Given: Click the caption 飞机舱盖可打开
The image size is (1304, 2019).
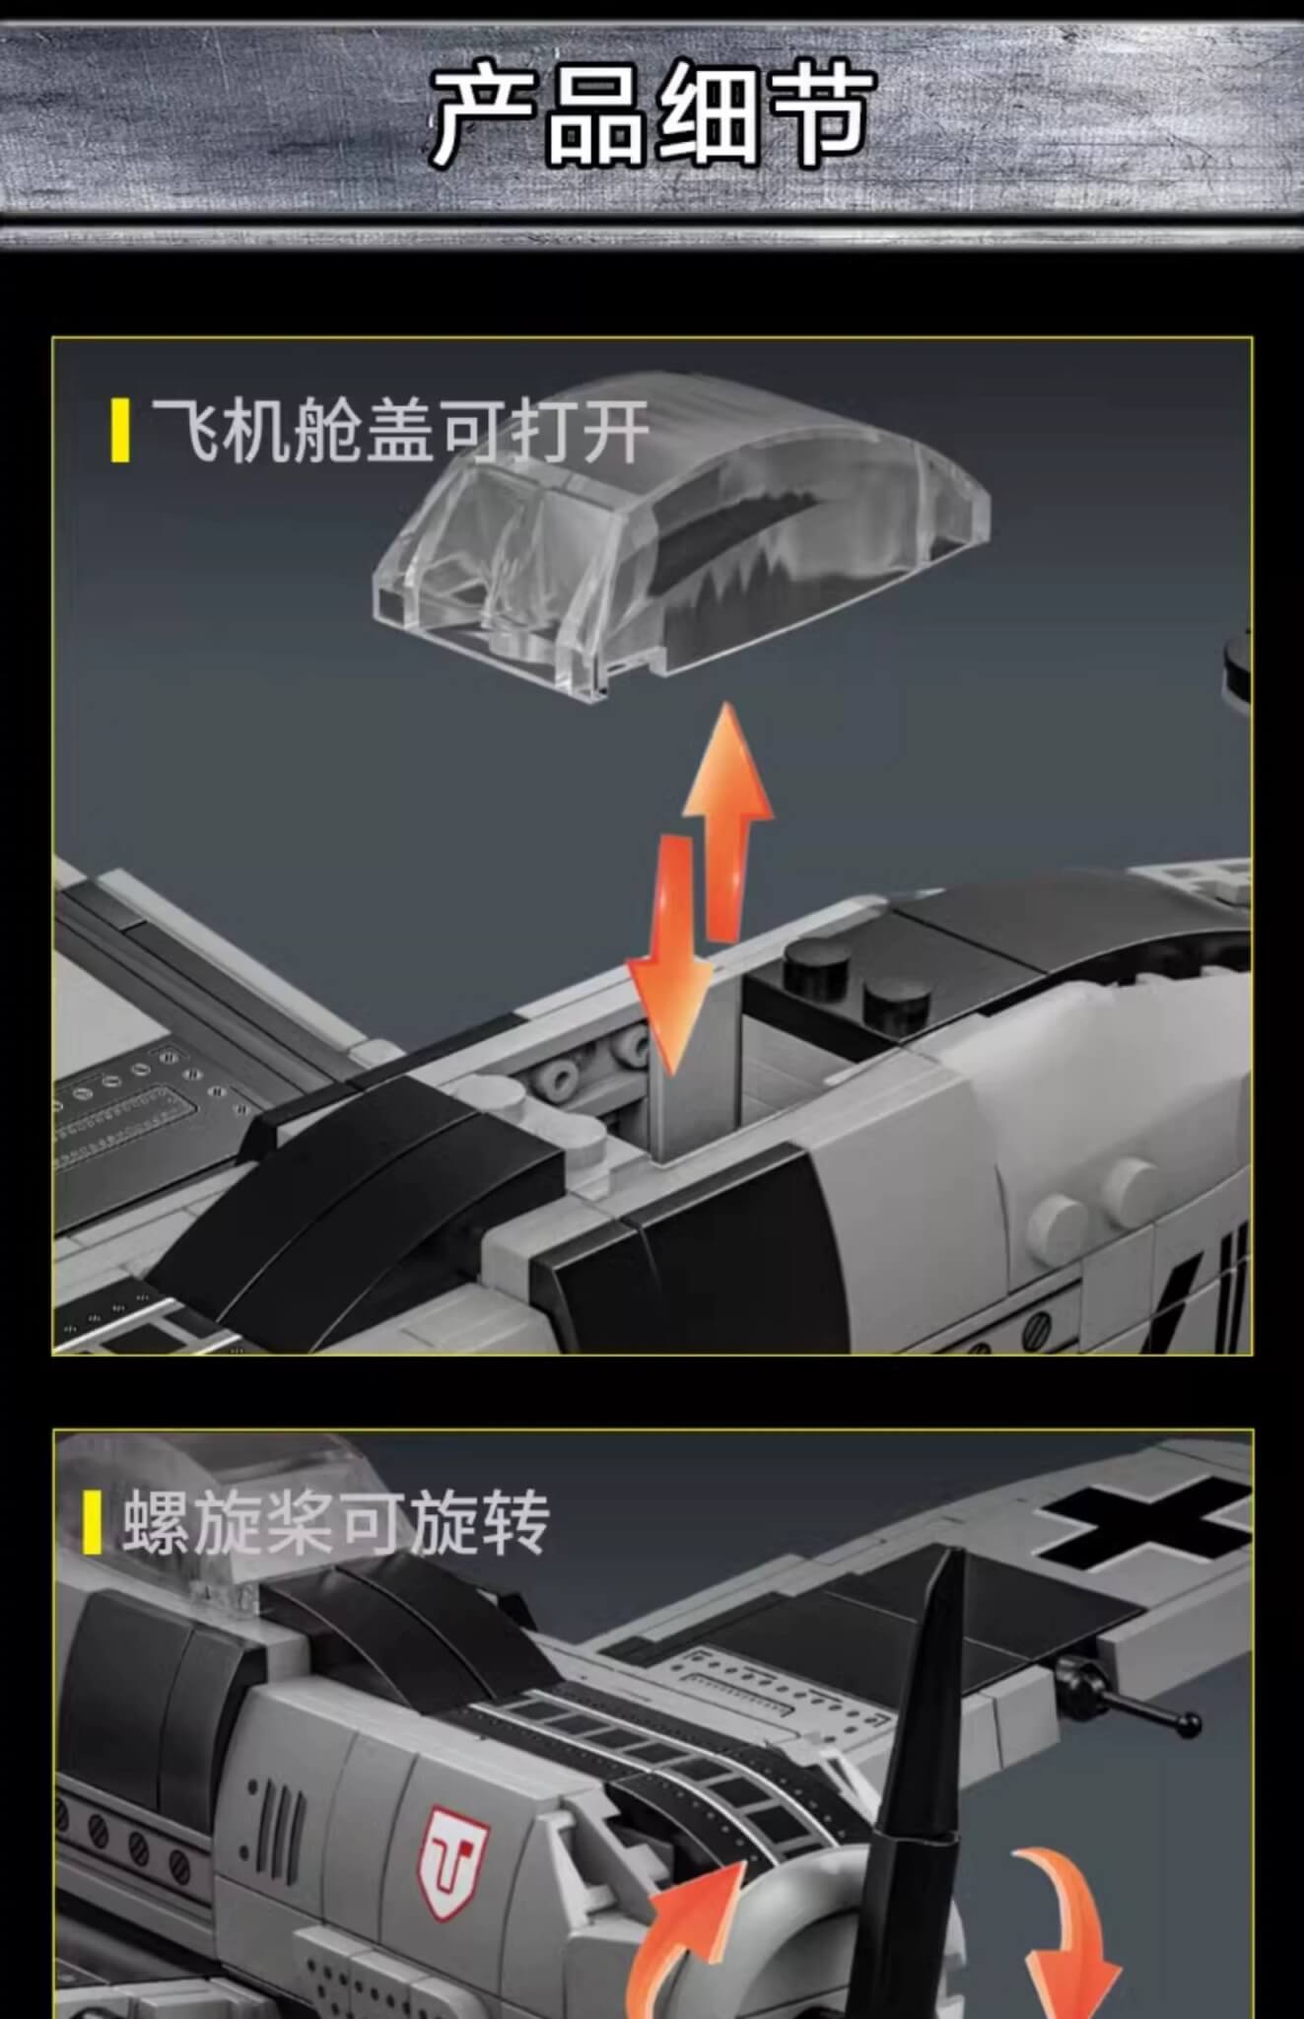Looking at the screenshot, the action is point(400,431).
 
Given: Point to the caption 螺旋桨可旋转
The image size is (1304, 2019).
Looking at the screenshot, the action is point(336,1522).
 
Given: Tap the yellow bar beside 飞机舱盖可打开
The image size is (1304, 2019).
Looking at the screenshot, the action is point(121,430).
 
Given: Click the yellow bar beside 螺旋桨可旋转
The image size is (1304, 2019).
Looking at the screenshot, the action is point(93,1522).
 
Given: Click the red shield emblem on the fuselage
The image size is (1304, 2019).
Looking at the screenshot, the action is point(453,1856).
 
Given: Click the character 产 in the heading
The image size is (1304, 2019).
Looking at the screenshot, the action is point(486,114).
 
